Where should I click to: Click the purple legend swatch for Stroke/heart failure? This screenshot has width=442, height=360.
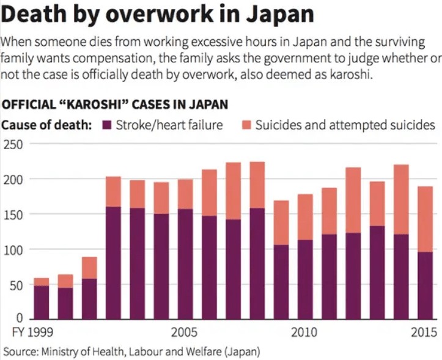click(107, 125)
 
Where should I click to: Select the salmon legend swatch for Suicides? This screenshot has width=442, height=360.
click(246, 125)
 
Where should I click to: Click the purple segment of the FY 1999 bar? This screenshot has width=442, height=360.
click(42, 302)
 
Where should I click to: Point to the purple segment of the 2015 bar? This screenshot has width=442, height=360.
click(425, 285)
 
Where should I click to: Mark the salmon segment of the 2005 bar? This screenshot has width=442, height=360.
click(185, 194)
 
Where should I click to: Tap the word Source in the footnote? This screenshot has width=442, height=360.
click(18, 351)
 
